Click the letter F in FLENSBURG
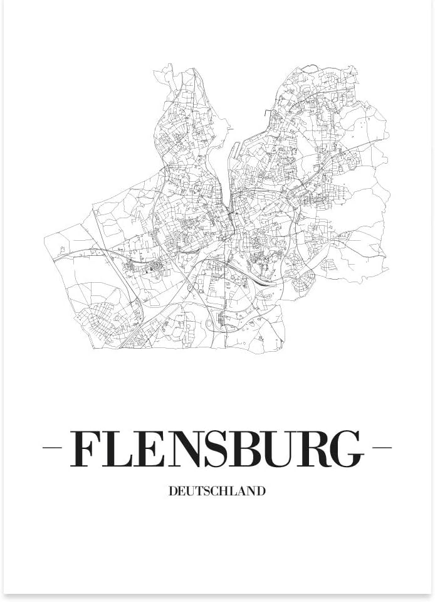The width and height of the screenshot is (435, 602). tap(85, 449)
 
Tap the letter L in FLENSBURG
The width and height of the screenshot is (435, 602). tap(115, 449)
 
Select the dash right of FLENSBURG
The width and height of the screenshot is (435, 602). tap(382, 448)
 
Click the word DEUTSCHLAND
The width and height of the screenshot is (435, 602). tap(217, 492)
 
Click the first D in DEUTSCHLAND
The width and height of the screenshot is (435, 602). tap(173, 492)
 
